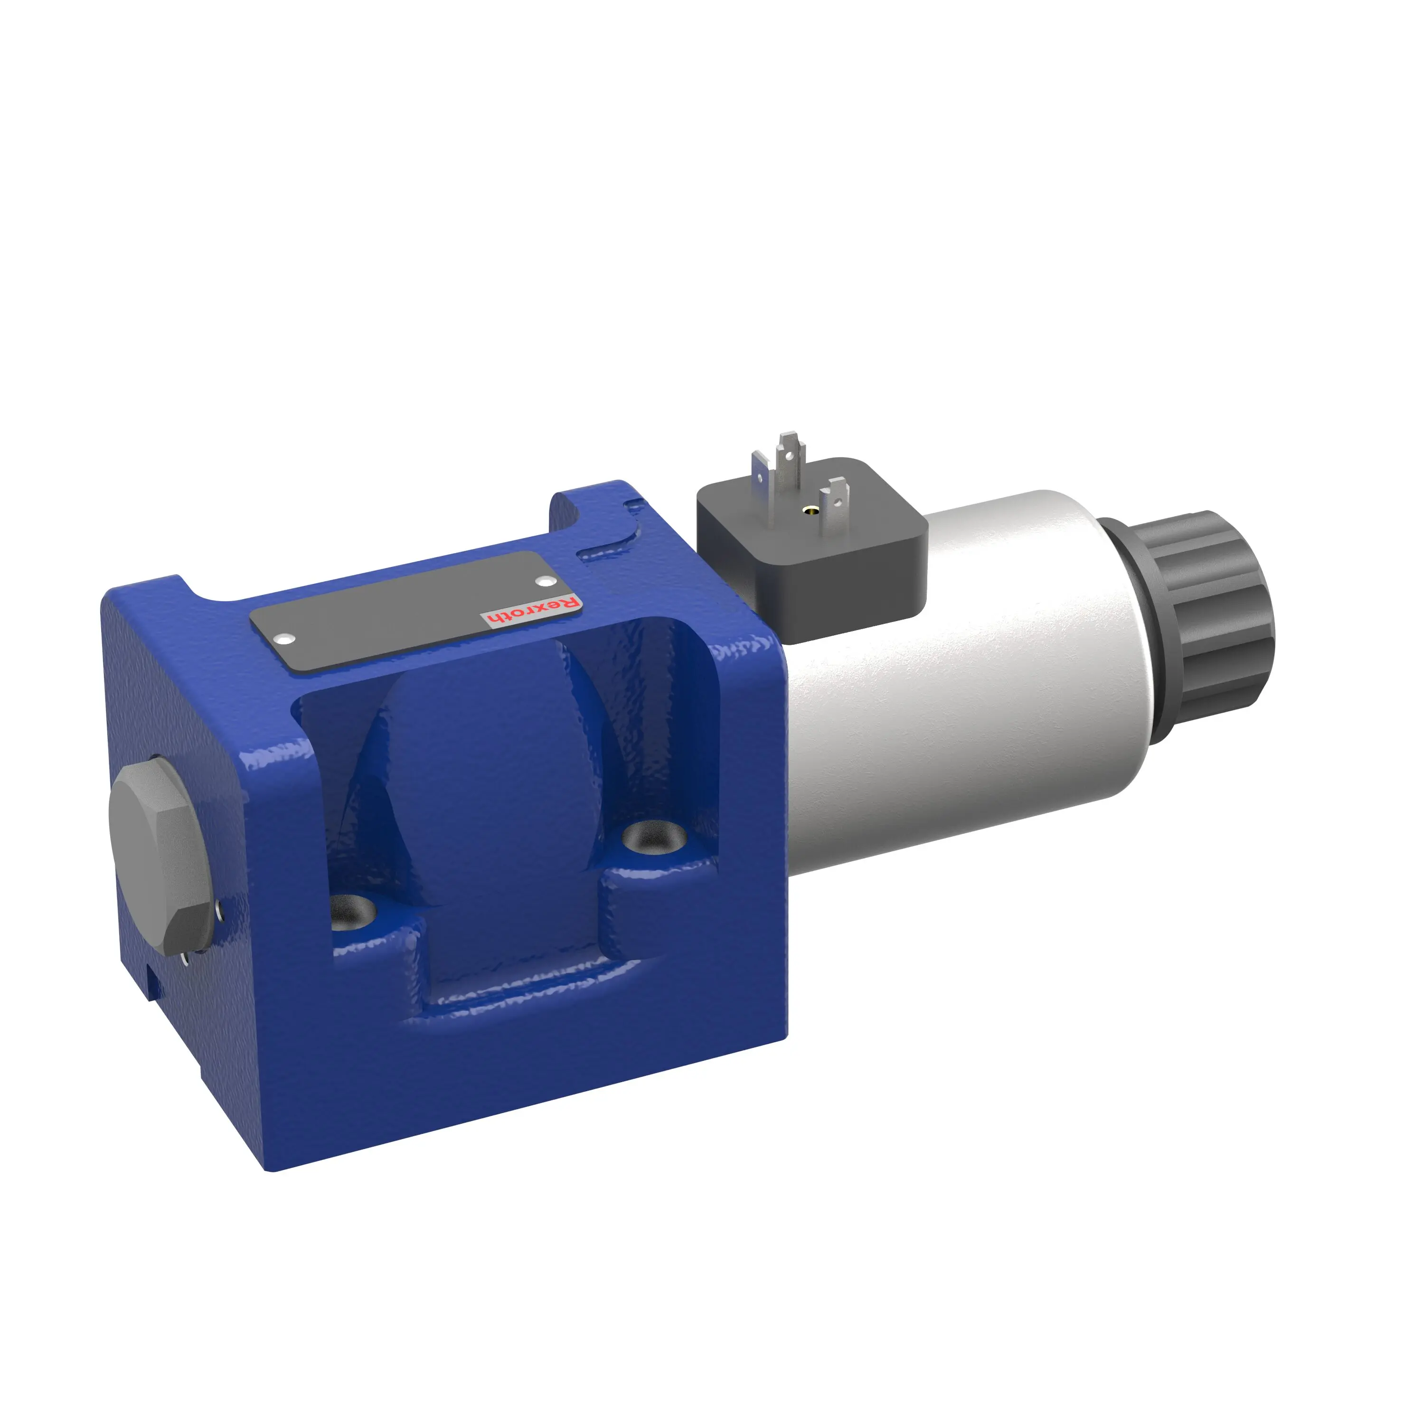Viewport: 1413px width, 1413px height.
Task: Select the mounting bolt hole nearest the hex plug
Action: point(353,913)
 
